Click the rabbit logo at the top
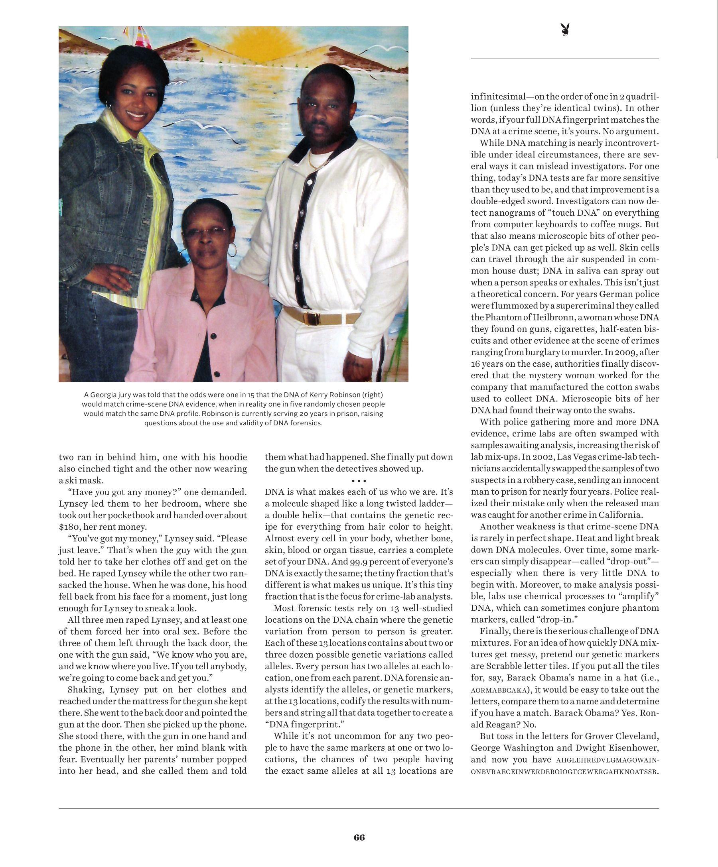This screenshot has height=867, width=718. pos(565,30)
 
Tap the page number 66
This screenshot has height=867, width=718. pos(359,837)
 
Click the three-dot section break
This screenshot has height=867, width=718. pos(359,481)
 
